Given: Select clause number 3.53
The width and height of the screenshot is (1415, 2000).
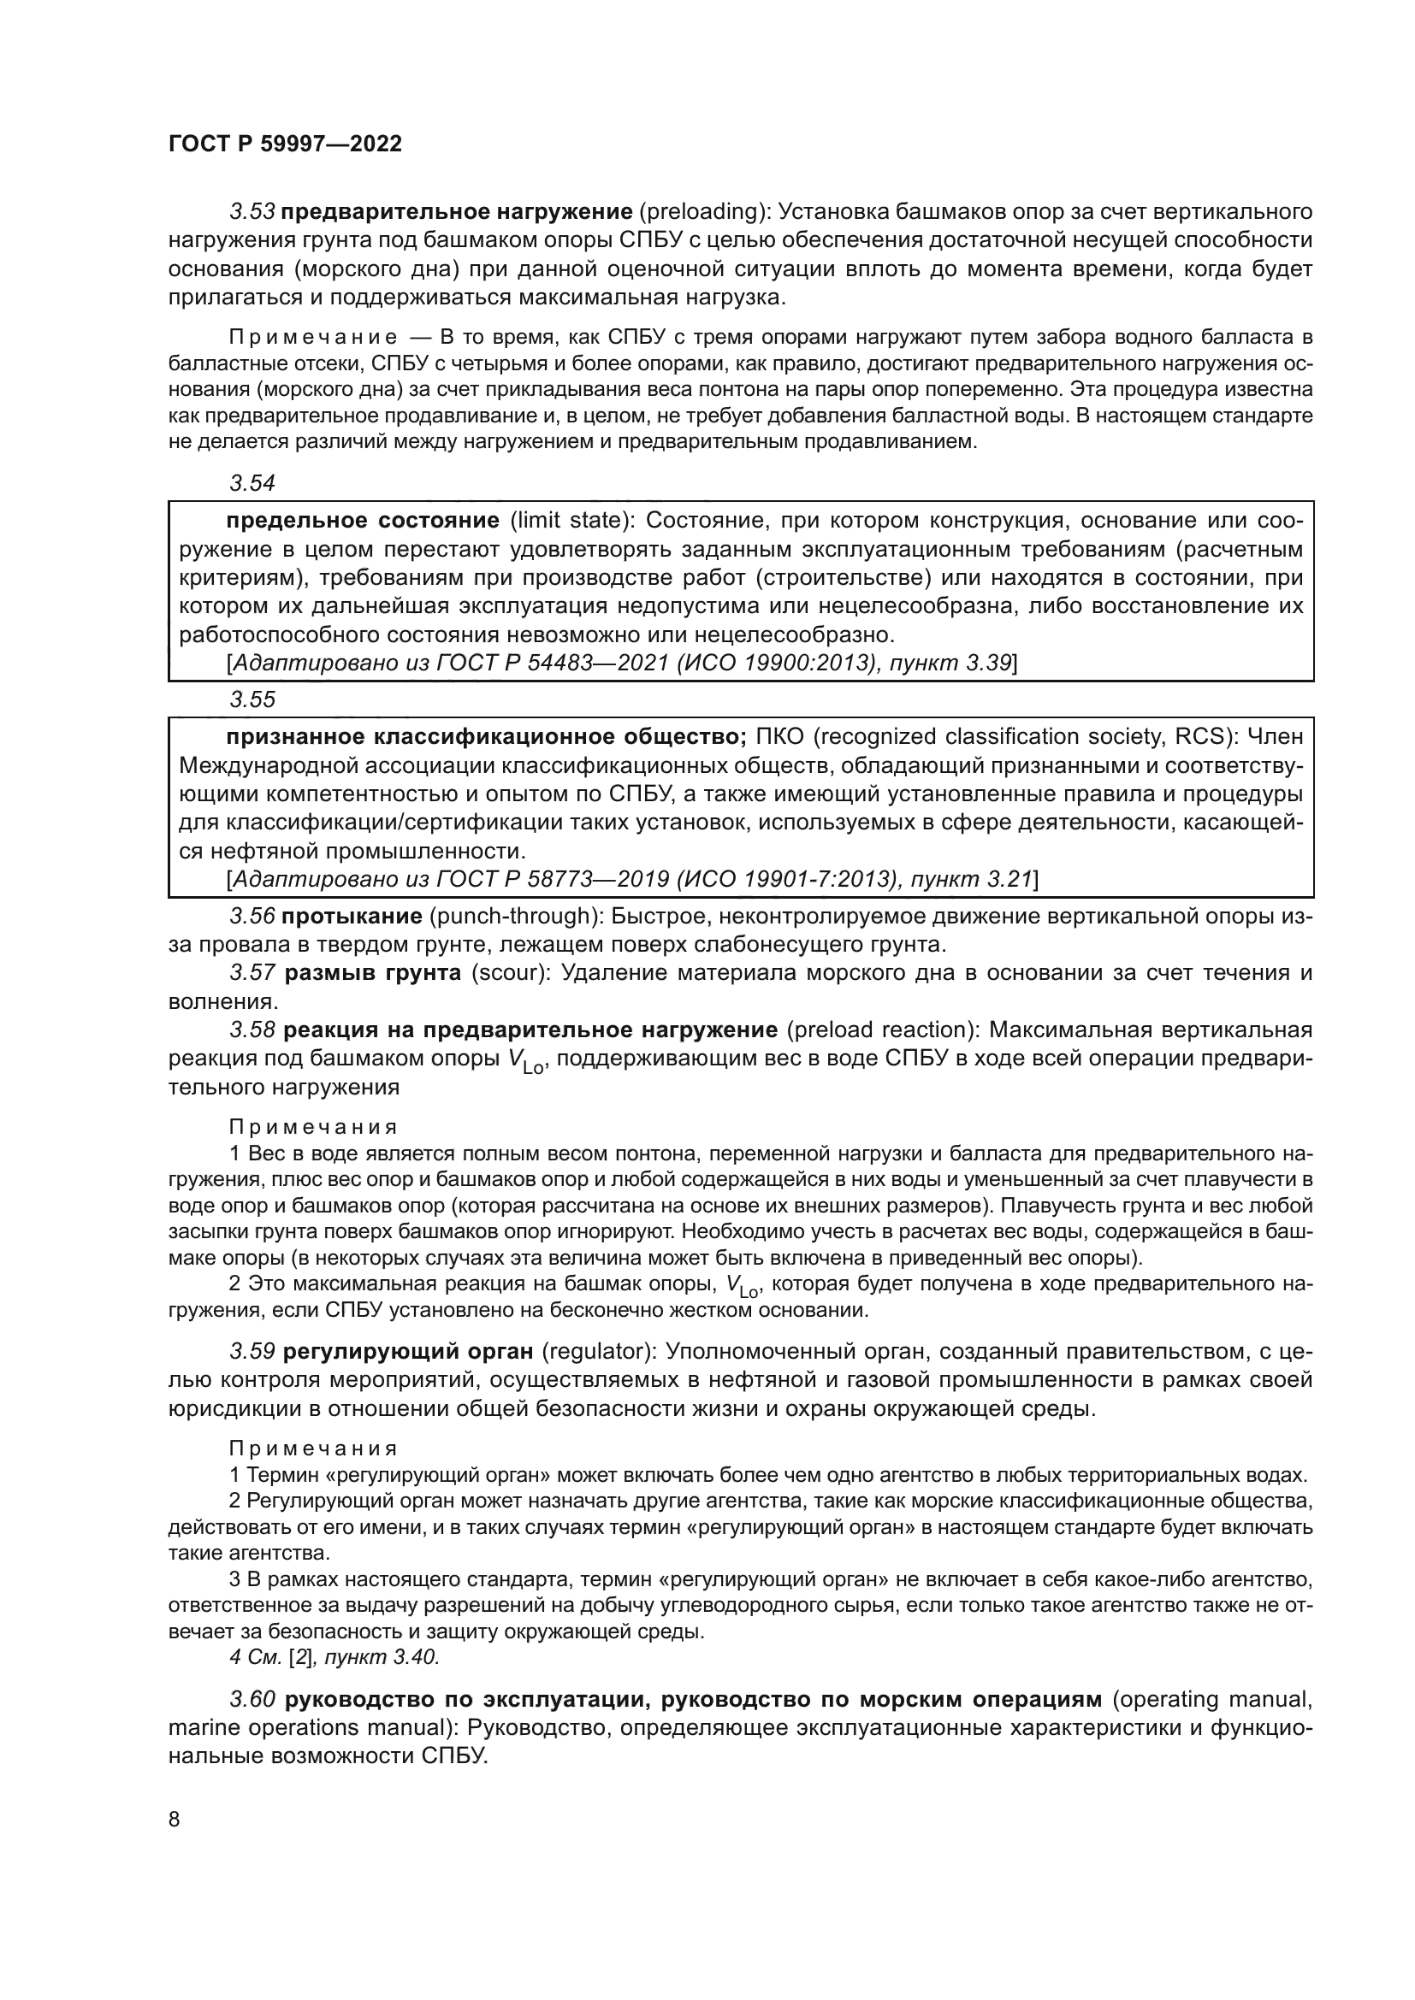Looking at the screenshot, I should pyautogui.click(x=252, y=212).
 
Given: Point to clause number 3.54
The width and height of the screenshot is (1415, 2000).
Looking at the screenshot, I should pyautogui.click(x=252, y=482).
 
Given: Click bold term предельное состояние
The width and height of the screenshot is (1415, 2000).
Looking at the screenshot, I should pyautogui.click(x=363, y=521).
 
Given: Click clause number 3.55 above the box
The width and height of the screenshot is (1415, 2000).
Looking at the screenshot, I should pyautogui.click(x=252, y=699).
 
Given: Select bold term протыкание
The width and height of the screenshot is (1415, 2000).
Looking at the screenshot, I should pyautogui.click(x=352, y=917).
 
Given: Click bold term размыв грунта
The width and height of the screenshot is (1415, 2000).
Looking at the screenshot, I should pyautogui.click(x=373, y=973).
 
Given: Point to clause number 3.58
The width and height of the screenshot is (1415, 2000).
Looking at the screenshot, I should pyautogui.click(x=252, y=1030).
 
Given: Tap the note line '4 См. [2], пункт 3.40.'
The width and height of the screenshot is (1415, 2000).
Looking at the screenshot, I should pyautogui.click(x=335, y=1658).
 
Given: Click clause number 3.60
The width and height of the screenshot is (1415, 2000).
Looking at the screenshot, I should pyautogui.click(x=252, y=1700).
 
